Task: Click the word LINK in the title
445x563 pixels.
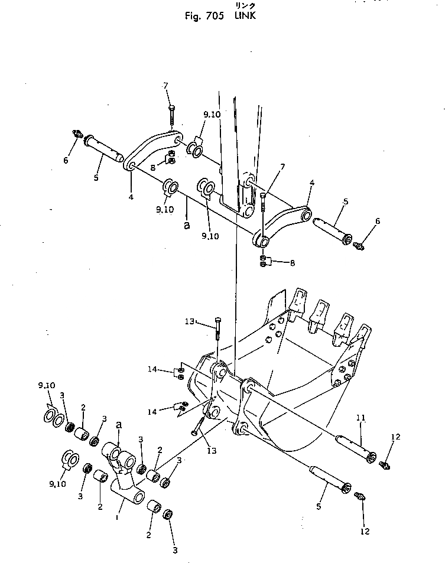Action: pos(243,16)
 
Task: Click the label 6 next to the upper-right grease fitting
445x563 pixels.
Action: pos(378,221)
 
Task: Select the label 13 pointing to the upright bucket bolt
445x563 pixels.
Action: pos(189,321)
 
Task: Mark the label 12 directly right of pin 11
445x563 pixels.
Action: pos(395,437)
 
